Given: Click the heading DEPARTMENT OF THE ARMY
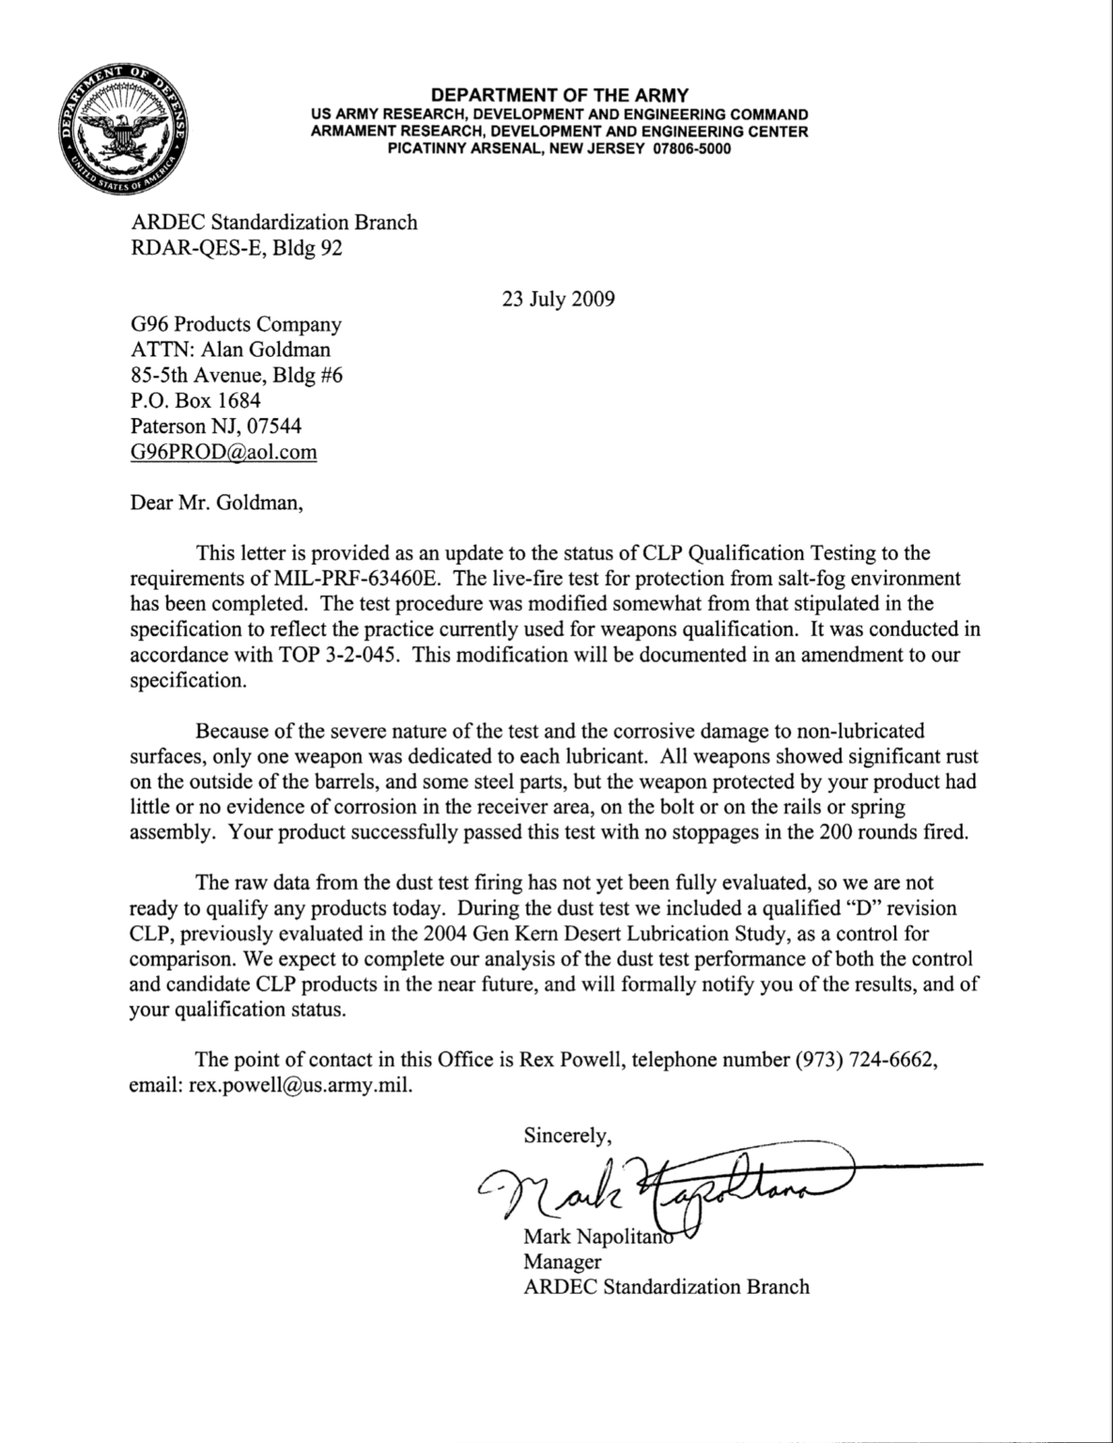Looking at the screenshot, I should [559, 95].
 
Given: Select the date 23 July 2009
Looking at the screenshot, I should [559, 300].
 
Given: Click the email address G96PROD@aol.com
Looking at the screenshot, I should [224, 452].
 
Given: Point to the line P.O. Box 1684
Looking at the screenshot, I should [195, 401].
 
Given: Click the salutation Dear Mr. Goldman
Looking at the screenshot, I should [217, 502].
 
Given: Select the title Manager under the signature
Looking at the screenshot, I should [562, 1262].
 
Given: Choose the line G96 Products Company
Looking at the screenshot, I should [236, 325].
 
